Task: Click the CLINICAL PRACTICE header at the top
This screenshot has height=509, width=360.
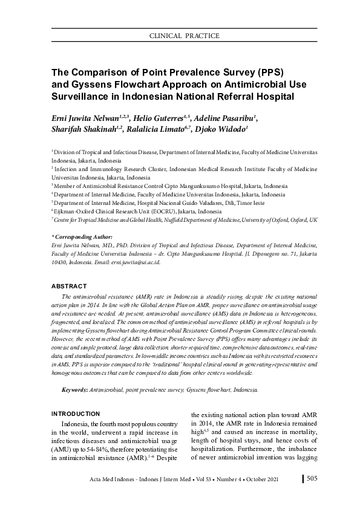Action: click(x=184, y=36)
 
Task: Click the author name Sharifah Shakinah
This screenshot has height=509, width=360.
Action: click(x=85, y=129)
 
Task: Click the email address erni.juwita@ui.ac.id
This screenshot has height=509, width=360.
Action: click(x=136, y=264)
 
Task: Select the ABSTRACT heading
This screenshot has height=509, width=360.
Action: click(x=69, y=286)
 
